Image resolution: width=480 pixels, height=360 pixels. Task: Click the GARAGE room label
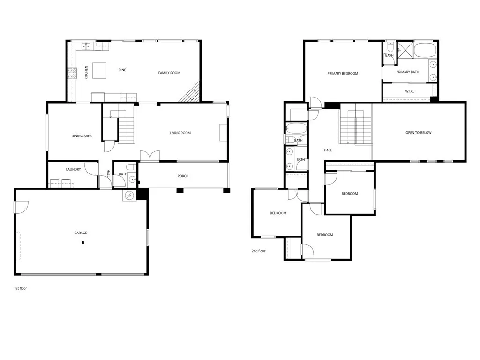pos(80,233)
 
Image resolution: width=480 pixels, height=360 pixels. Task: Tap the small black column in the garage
pos(82,242)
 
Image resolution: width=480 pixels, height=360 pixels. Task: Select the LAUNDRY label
pos(73,170)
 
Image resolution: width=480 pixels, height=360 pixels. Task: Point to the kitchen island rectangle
pos(99,71)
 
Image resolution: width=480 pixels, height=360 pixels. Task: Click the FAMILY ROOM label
pos(169,73)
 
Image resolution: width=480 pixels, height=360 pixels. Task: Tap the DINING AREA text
pos(81,136)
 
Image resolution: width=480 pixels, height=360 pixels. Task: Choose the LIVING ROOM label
pos(180,133)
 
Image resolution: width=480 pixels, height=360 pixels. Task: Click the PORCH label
pos(183,176)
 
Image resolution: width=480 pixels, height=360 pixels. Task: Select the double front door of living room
pos(150,156)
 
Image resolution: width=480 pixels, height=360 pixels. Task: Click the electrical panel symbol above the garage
pos(129,195)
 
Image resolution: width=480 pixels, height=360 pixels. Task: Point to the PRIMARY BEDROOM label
pos(342,74)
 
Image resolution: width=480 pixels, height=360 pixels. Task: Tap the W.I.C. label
pos(409,91)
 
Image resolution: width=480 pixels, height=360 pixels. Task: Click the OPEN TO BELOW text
pos(418,133)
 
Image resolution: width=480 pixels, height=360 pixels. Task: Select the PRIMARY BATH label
pos(407,72)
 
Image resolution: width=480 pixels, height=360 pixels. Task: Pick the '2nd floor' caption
pos(258,251)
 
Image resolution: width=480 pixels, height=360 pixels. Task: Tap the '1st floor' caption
pos(20,288)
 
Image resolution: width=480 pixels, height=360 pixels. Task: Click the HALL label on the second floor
pos(328,150)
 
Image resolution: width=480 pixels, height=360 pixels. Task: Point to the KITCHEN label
pos(86,72)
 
